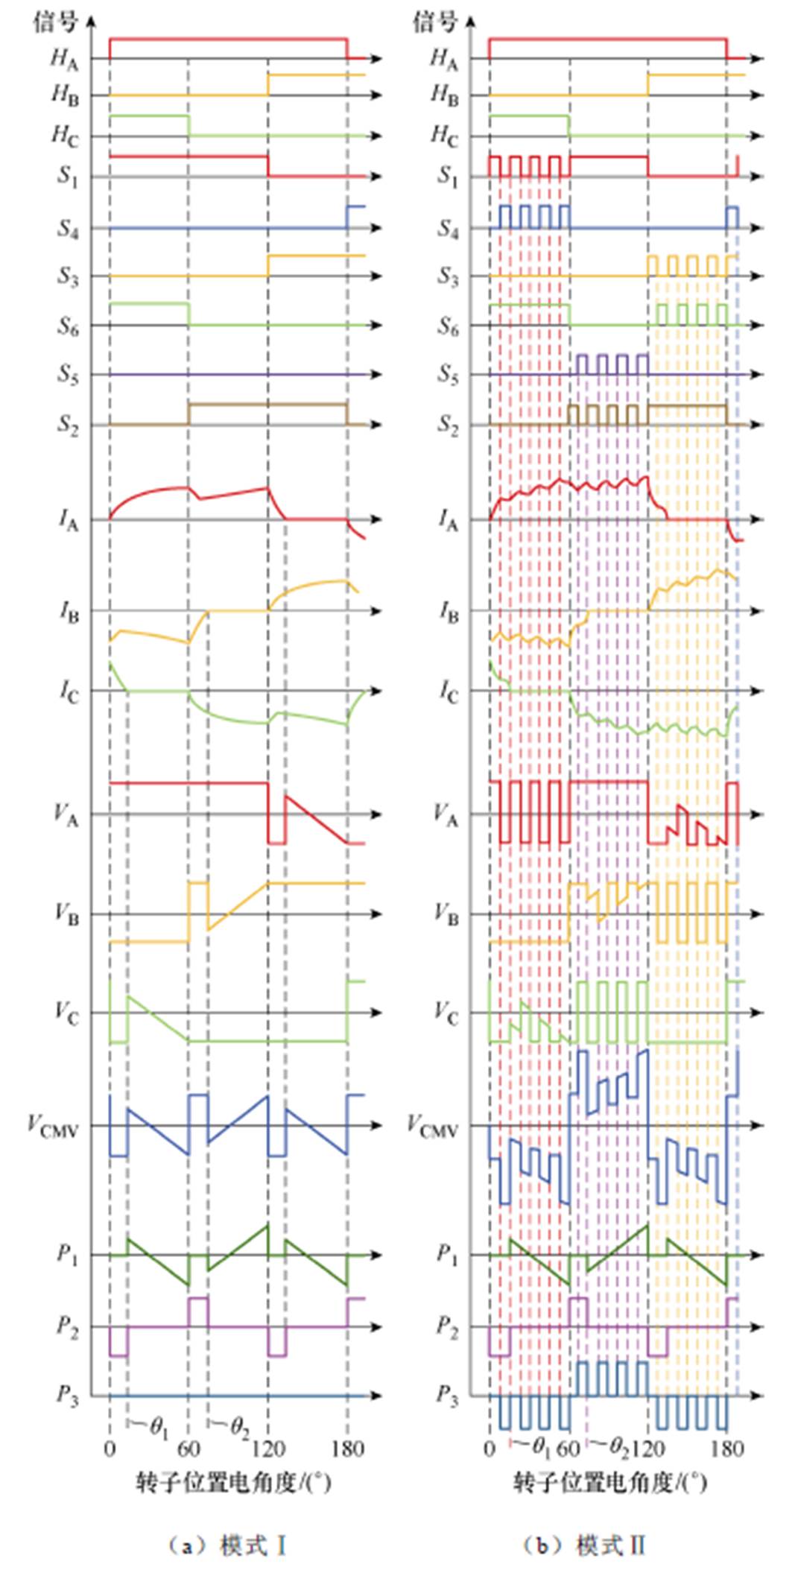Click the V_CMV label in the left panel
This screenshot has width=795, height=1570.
point(52,1125)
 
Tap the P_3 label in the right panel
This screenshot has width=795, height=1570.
point(447,1394)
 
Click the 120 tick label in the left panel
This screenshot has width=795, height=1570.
point(268,1449)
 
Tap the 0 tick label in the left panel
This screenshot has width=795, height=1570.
point(110,1449)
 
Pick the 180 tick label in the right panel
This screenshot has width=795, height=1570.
point(726,1449)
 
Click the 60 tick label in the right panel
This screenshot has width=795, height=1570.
point(568,1449)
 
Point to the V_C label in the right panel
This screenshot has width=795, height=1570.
point(446,1012)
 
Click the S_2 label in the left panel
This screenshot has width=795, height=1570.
point(68,424)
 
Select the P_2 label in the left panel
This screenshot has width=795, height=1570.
point(68,1326)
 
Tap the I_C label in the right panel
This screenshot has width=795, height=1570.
point(448,691)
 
